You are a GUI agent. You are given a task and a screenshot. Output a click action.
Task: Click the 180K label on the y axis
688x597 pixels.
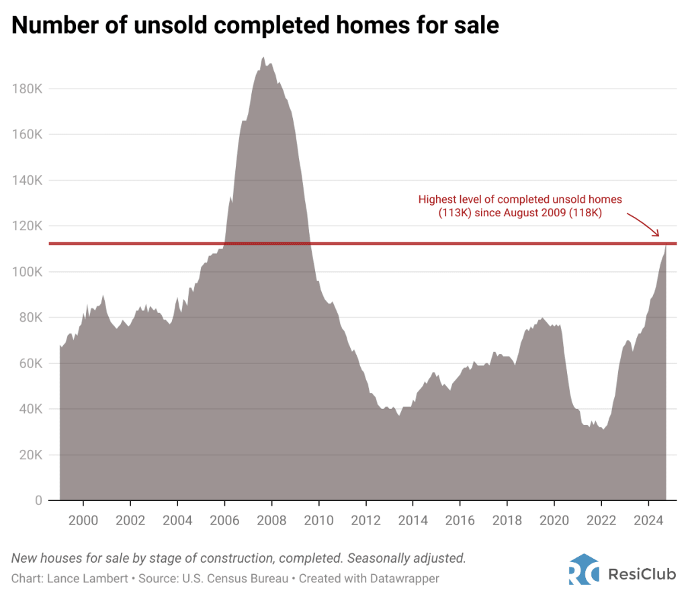point(28,89)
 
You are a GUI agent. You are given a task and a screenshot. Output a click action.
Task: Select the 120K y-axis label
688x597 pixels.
point(28,226)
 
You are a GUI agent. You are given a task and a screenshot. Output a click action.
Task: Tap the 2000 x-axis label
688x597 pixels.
point(83,521)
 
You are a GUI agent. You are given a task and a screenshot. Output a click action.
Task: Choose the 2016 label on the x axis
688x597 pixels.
point(460,521)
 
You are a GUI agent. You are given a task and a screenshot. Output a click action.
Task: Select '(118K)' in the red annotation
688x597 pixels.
point(588,213)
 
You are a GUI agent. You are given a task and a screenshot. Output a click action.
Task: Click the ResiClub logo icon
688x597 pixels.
point(583,569)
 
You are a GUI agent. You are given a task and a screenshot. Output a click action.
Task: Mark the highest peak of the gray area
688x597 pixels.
point(263,58)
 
